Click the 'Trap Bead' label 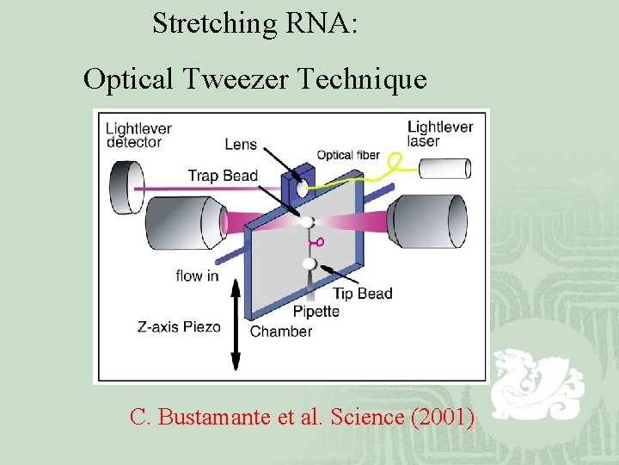223,177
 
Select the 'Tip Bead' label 363,294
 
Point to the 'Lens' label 241,145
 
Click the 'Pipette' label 316,312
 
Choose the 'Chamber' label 280,332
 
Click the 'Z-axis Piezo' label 179,327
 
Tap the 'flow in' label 197,276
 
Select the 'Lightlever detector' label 138,135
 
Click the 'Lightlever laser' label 440,133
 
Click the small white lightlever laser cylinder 449,168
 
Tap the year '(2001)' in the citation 443,417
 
